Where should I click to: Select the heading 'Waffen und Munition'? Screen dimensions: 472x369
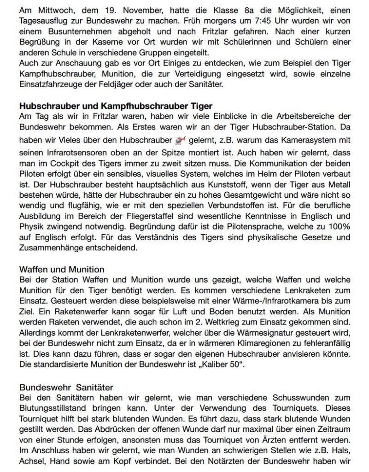coord(62,269)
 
